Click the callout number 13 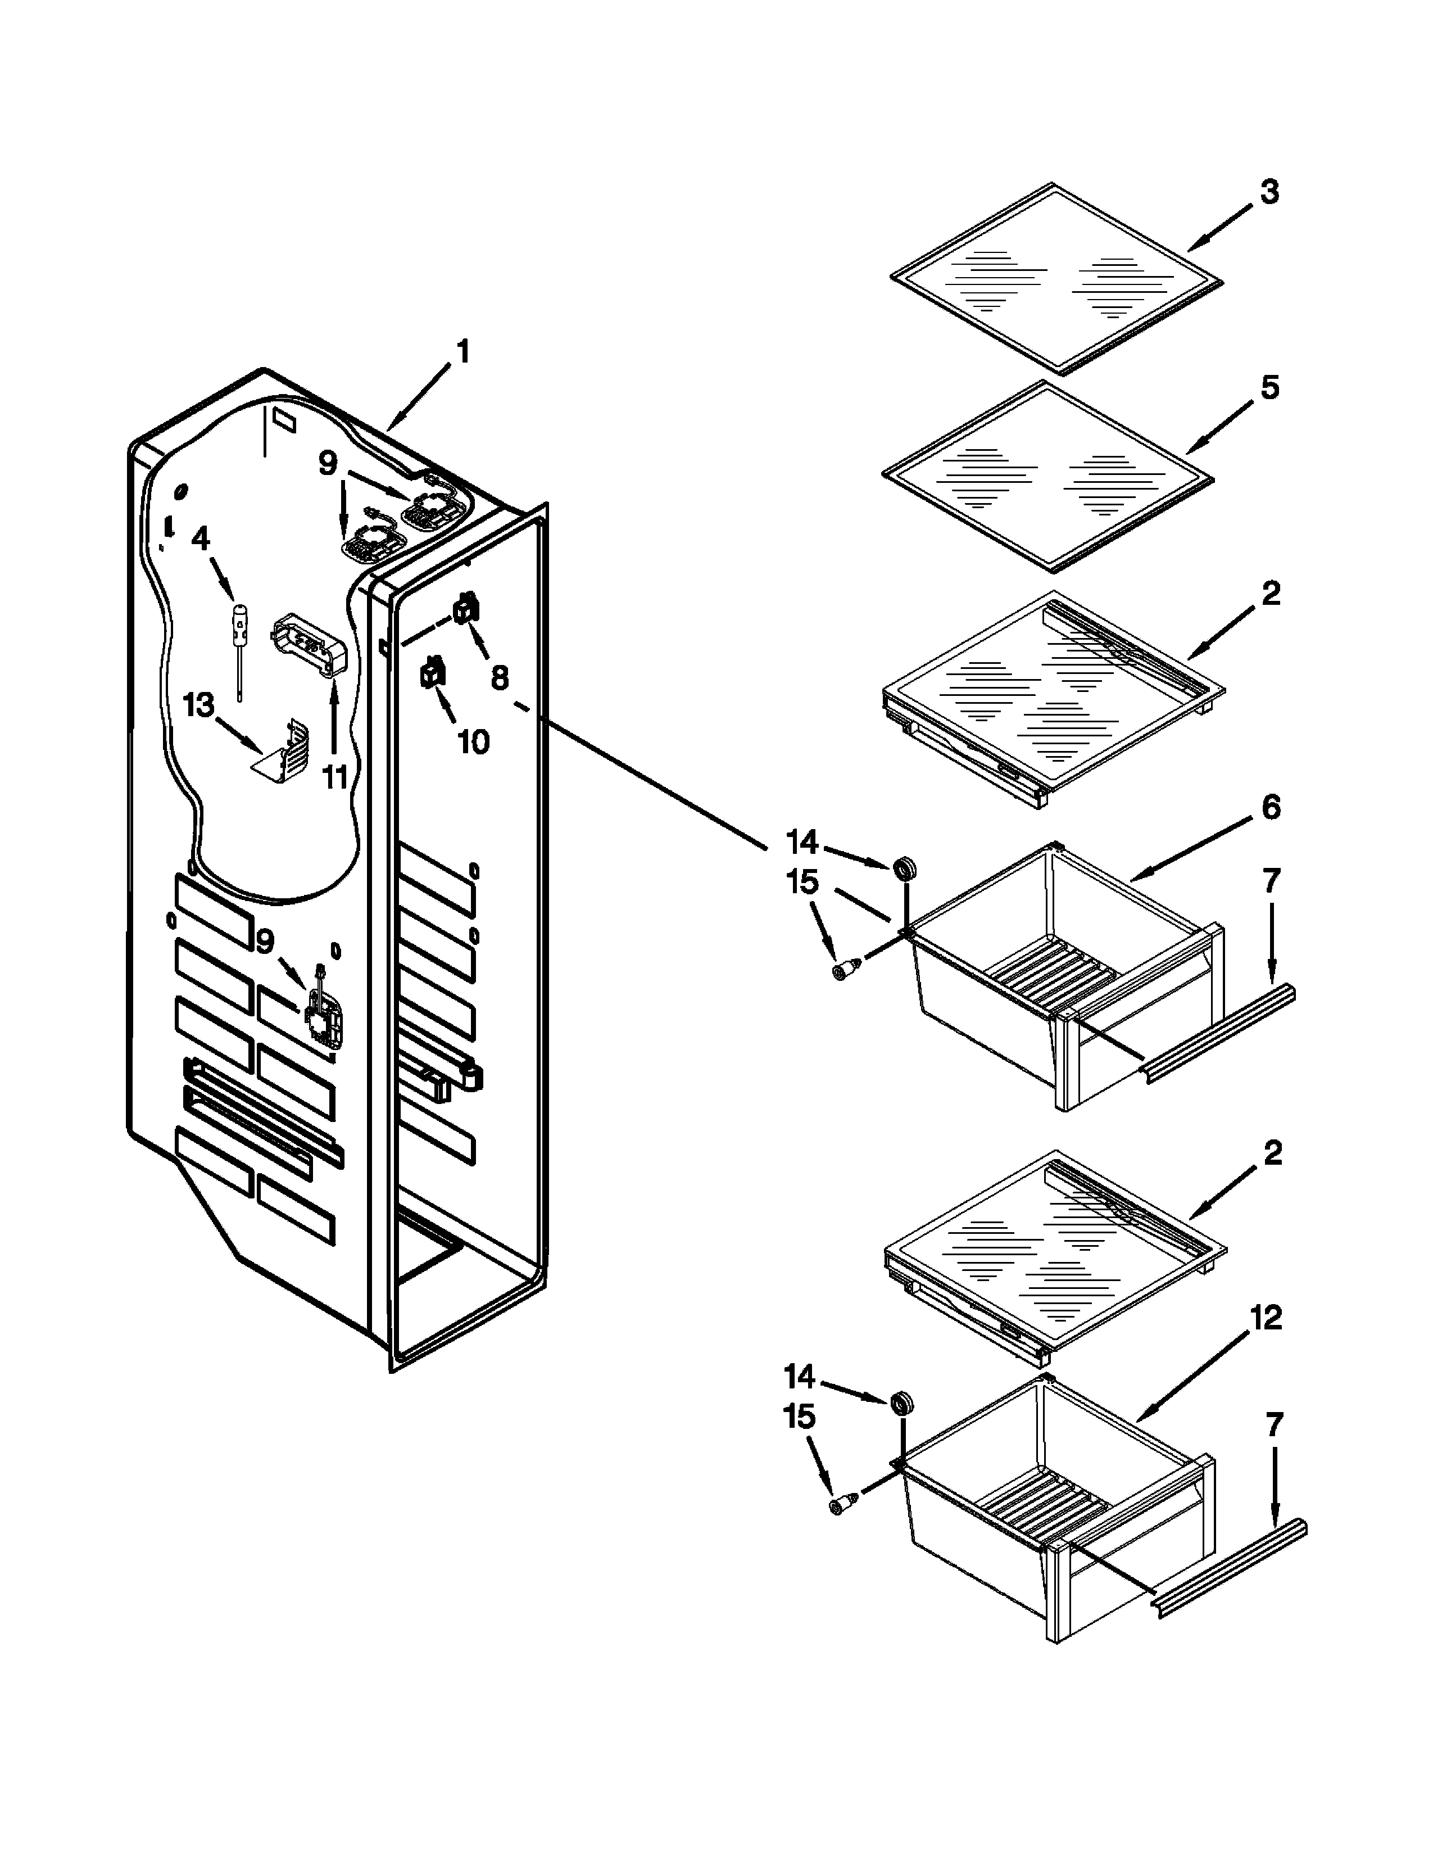coord(199,704)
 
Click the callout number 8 coord(499,677)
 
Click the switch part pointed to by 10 coord(433,673)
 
